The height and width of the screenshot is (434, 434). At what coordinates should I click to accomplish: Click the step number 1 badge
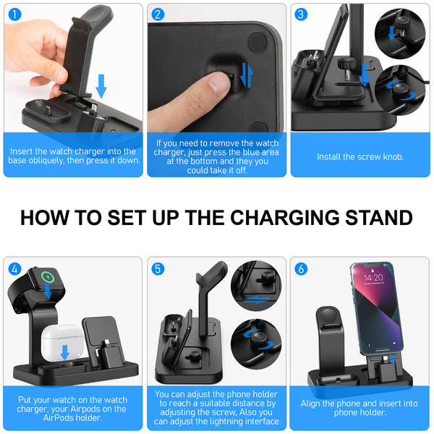click(x=14, y=14)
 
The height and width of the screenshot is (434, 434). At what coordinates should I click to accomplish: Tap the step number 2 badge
click(x=158, y=14)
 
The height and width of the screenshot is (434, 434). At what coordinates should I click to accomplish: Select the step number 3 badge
click(x=301, y=14)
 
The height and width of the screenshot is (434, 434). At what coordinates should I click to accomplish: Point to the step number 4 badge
click(x=14, y=269)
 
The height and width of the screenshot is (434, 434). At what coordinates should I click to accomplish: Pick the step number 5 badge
click(x=158, y=269)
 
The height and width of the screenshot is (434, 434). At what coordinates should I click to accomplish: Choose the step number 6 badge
click(x=301, y=269)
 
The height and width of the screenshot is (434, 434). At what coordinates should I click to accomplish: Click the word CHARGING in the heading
click(x=285, y=218)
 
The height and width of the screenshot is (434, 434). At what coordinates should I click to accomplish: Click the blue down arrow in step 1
click(x=101, y=86)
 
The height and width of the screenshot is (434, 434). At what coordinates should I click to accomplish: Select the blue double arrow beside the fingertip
click(x=247, y=75)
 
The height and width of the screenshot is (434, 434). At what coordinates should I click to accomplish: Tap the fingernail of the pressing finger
click(x=218, y=83)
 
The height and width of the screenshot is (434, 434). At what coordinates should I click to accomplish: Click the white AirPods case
click(x=62, y=342)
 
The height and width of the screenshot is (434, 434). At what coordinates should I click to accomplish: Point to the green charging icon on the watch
click(x=49, y=276)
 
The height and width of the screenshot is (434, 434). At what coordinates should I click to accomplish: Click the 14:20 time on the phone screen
click(x=373, y=278)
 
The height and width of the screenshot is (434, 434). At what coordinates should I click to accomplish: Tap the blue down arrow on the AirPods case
click(x=65, y=352)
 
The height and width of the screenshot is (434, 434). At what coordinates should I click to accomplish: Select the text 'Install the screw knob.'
click(x=360, y=157)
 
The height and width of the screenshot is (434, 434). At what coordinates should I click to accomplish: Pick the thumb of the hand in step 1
click(x=51, y=77)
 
